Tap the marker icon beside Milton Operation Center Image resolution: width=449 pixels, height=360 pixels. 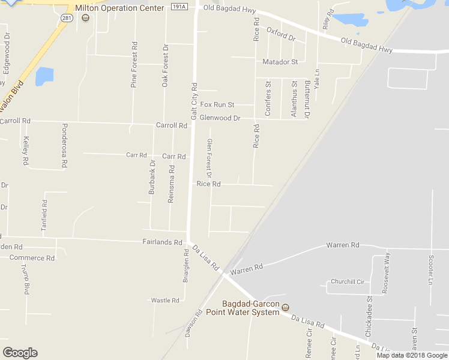point(86,18)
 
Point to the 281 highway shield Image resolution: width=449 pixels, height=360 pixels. point(67,19)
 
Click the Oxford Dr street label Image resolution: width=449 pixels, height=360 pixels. point(282,34)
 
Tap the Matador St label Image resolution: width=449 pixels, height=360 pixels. point(280,62)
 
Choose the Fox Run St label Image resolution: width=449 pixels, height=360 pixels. point(217,104)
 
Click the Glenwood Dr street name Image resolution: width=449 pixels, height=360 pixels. point(220,118)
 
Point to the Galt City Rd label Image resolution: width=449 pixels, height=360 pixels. point(194,99)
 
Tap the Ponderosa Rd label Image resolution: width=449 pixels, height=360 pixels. point(64,145)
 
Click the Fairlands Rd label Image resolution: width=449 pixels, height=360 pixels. point(162,242)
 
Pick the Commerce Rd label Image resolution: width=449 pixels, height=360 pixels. point(32,258)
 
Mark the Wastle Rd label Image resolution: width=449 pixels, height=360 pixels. point(165,300)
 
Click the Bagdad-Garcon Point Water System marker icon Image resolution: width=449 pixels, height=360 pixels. point(286,307)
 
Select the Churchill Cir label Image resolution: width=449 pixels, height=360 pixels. point(348,282)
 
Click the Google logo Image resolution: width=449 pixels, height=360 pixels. point(20,353)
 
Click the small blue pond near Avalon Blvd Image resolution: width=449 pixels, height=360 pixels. point(44,77)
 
